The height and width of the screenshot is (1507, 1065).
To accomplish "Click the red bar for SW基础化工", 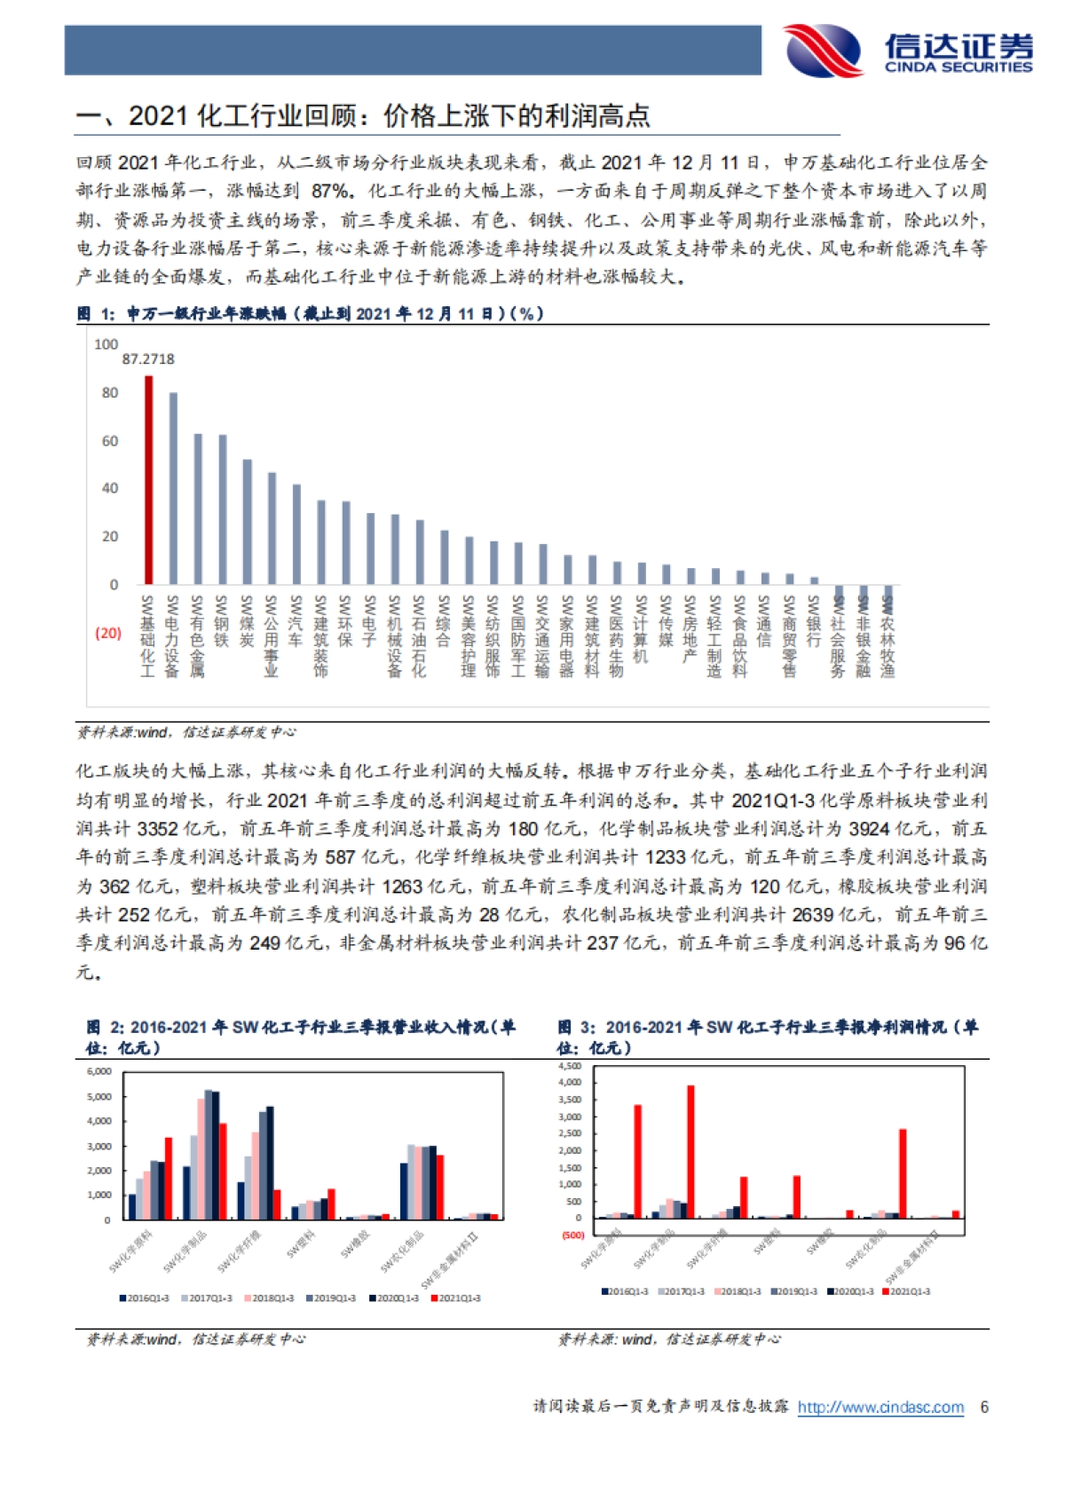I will pyautogui.click(x=148, y=480).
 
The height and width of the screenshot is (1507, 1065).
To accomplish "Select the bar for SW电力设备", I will pyautogui.click(x=173, y=488).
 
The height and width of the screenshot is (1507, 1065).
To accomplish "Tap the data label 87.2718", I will pyautogui.click(x=148, y=359).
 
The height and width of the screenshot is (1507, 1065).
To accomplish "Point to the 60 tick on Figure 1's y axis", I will pyautogui.click(x=109, y=441).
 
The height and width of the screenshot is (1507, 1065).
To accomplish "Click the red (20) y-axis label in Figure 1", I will pyautogui.click(x=108, y=633).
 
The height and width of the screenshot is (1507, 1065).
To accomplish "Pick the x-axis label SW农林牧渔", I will pyautogui.click(x=887, y=635).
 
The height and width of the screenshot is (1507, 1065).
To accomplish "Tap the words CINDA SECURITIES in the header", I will pyautogui.click(x=958, y=67).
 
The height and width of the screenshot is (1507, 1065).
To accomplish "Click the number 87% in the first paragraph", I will pyautogui.click(x=331, y=191).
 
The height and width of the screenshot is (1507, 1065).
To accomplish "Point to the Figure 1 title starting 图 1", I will pyautogui.click(x=311, y=313).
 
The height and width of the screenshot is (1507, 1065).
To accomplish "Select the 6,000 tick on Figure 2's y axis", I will pyautogui.click(x=99, y=1071).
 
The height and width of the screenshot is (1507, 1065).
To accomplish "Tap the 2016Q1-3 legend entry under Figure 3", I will pyautogui.click(x=625, y=1291).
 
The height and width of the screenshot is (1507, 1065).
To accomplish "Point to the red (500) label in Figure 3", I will pyautogui.click(x=573, y=1235).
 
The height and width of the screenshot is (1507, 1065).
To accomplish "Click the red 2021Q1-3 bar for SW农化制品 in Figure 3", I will pyautogui.click(x=903, y=1173).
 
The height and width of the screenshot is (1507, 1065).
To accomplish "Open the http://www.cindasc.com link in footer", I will pyautogui.click(x=880, y=1407).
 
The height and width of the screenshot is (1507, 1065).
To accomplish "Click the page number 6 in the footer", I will pyautogui.click(x=983, y=1407).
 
